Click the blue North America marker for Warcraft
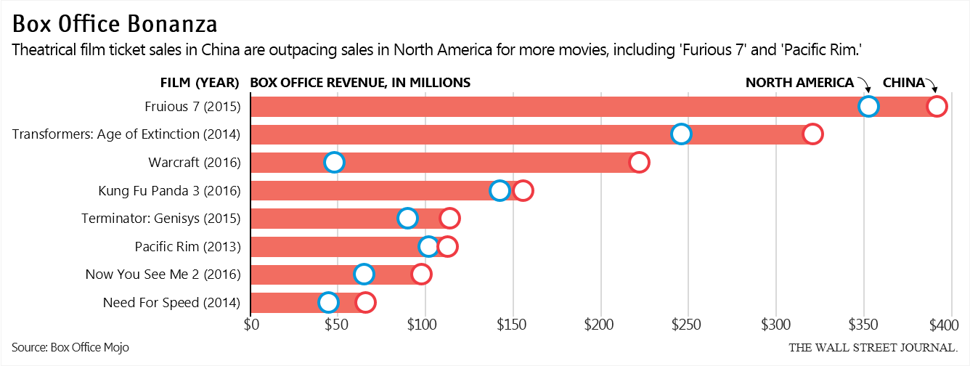334,162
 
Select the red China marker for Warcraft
639,162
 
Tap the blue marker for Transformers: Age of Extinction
681,134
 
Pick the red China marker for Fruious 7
937,107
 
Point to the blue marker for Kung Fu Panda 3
500,190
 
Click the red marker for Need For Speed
365,302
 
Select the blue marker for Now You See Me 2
364,274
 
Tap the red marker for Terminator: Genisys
449,218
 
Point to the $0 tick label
251,323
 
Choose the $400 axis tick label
944,323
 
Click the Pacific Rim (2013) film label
187,246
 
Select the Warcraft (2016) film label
194,162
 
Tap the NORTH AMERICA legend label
799,83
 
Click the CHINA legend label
903,83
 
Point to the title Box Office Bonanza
114,24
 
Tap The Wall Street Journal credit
873,347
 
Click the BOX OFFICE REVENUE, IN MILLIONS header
360,83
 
